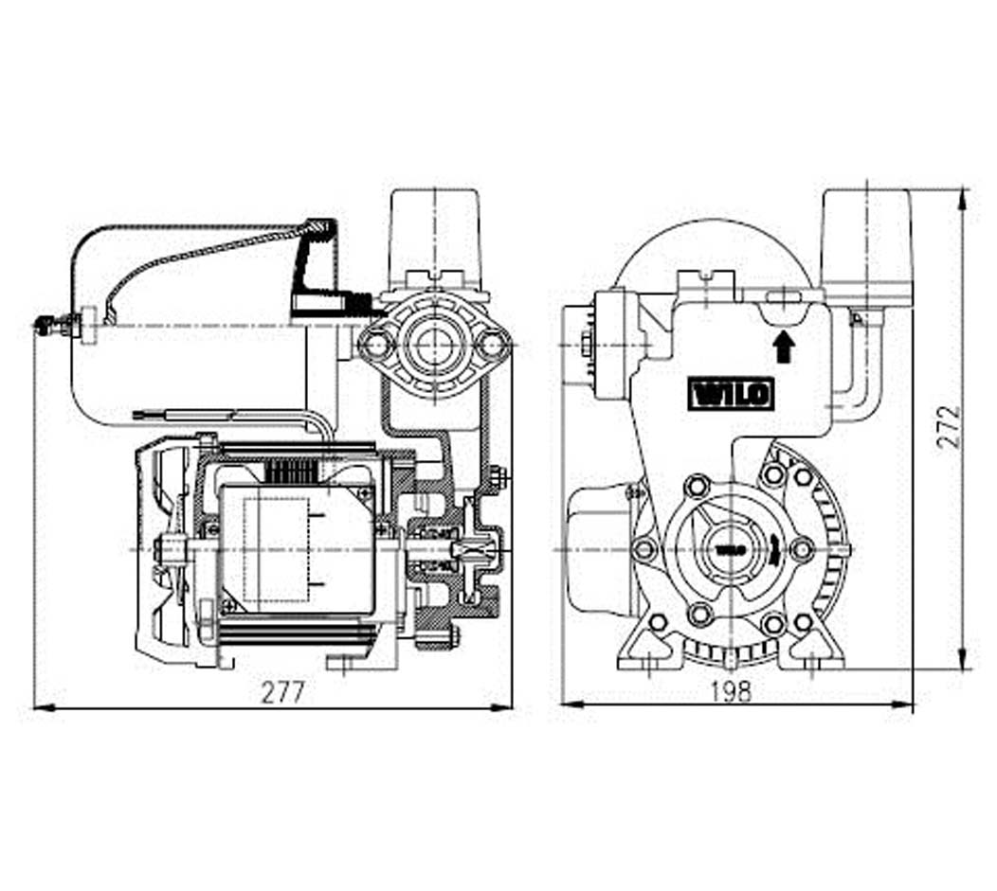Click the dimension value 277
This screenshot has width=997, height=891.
[283, 692]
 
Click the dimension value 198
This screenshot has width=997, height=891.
[730, 691]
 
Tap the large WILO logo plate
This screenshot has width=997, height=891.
[731, 394]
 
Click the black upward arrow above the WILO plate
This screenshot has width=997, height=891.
[783, 347]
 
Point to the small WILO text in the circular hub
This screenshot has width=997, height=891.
[729, 548]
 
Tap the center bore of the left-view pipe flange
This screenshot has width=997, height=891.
[435, 343]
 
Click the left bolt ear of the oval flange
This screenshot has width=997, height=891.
[376, 343]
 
